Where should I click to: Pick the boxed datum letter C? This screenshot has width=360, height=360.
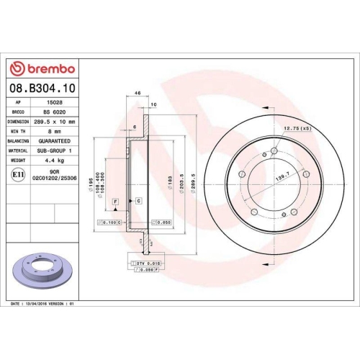point(138,199)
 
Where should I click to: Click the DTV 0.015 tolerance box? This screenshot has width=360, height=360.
point(148,266)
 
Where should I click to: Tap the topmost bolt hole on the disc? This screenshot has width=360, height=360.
point(274,151)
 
